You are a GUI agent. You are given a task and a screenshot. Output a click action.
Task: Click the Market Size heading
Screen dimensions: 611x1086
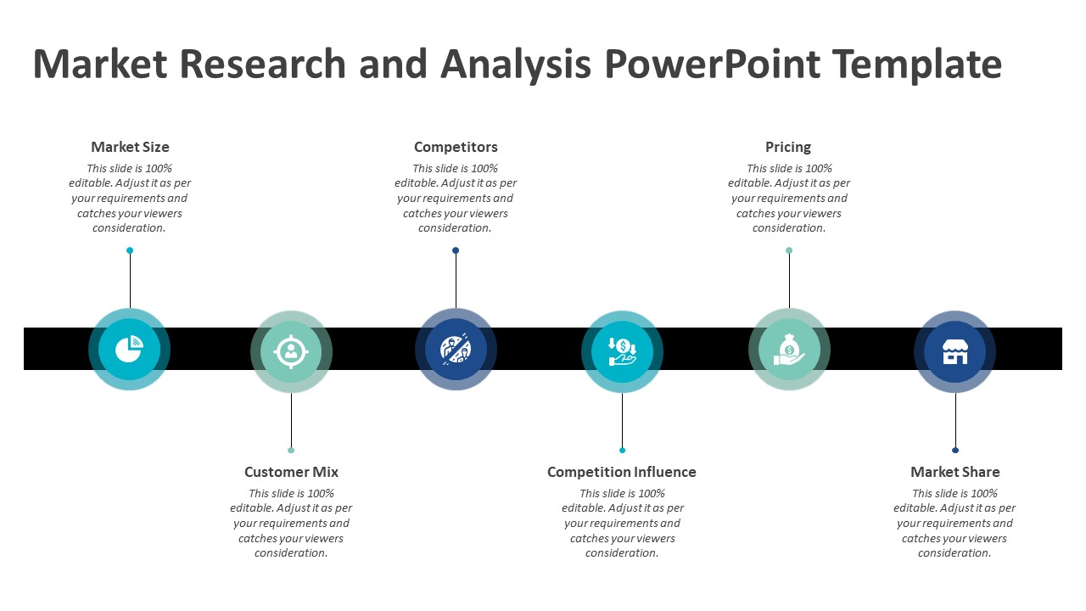(x=130, y=147)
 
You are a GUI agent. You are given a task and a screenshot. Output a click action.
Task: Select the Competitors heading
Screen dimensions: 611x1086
(x=456, y=147)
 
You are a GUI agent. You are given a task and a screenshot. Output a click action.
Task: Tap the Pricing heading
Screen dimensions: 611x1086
(x=788, y=147)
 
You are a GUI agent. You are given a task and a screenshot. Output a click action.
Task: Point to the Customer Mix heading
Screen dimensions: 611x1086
(x=291, y=472)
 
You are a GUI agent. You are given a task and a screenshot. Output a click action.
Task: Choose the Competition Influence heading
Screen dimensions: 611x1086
(x=621, y=472)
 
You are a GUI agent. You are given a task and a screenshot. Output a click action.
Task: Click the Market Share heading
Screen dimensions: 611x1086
(x=954, y=472)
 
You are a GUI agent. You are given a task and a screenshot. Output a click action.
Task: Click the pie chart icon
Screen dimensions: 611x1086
(x=129, y=350)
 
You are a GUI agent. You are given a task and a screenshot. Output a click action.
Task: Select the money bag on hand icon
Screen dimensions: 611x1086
(x=789, y=350)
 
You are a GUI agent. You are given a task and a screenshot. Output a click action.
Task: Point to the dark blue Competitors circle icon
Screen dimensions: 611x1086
(x=456, y=350)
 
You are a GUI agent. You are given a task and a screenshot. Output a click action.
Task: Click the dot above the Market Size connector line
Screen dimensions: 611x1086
(x=130, y=250)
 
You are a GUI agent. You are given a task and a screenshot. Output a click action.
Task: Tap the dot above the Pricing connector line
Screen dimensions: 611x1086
(x=789, y=250)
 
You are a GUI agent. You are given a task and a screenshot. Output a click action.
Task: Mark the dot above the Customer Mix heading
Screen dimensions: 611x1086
(x=291, y=450)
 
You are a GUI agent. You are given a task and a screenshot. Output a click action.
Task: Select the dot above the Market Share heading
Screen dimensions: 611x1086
(x=955, y=450)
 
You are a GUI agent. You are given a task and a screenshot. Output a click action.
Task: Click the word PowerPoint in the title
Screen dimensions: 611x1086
(x=713, y=64)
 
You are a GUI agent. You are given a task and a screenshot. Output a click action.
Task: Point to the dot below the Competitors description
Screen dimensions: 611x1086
(x=456, y=250)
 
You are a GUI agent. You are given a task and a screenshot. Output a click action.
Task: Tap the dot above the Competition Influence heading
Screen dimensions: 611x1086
(x=622, y=450)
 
